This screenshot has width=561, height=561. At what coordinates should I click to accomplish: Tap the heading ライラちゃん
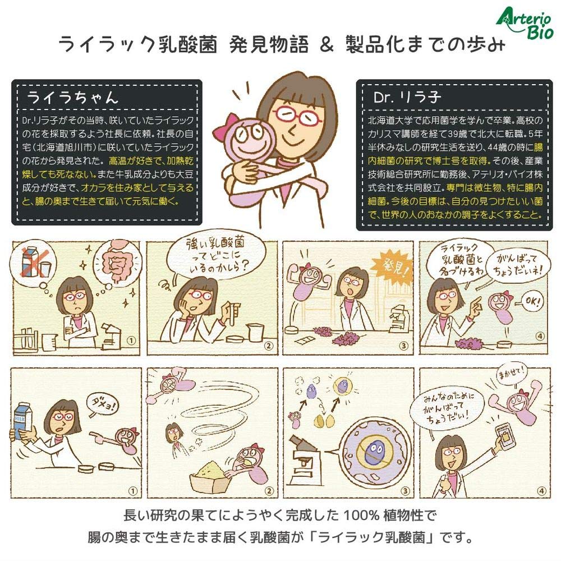pos(72,97)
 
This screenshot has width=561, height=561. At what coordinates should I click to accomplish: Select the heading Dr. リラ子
pos(407,97)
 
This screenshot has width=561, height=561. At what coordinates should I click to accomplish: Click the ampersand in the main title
pos(327,44)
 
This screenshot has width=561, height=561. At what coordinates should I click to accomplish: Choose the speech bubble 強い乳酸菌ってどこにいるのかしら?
pos(216,255)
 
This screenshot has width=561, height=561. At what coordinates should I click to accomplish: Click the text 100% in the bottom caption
pos(361,516)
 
